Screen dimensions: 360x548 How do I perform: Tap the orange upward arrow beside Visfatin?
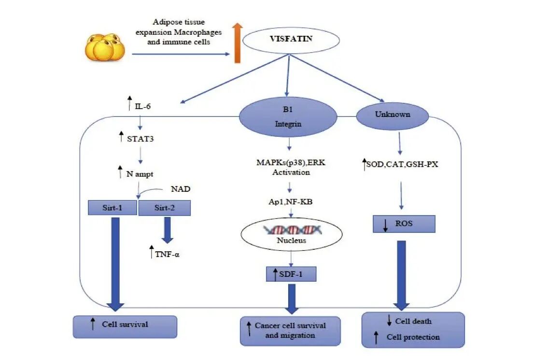(237, 45)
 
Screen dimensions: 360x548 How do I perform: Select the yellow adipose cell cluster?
(105, 47)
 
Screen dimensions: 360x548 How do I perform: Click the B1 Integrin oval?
(288, 116)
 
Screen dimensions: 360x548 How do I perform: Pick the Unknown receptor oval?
(392, 115)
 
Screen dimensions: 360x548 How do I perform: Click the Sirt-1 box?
(112, 208)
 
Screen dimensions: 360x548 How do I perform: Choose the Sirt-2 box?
(165, 208)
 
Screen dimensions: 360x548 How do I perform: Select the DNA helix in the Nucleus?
(291, 229)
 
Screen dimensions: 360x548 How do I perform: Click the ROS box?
(404, 224)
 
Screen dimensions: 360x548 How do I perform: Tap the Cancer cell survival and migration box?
(290, 331)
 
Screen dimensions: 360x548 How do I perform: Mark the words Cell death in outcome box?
(413, 321)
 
